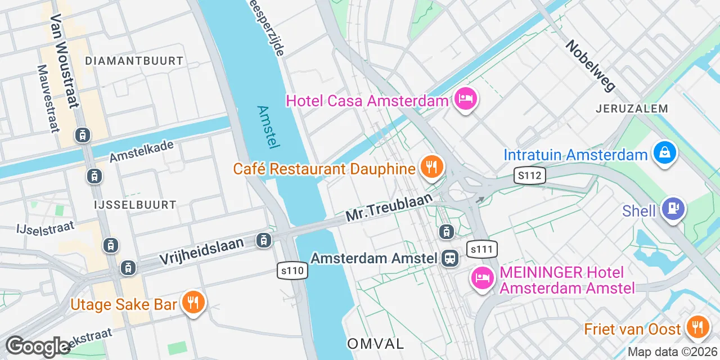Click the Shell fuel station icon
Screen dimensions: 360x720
coord(673,208)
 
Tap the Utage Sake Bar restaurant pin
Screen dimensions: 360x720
coord(193,303)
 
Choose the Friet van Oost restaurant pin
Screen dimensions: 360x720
coord(697,327)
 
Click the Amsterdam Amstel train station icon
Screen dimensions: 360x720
coord(450,258)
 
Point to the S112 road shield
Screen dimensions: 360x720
coord(530,176)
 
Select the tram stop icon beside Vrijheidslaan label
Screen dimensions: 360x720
coord(263,241)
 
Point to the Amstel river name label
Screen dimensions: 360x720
coord(268,127)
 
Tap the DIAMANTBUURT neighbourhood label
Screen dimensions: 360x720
coord(134,61)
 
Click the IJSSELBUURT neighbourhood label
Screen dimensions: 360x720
coord(136,205)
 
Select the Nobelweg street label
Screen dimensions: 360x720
coord(591,65)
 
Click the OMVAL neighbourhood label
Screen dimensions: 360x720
coord(375,343)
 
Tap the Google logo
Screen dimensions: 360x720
coord(38,346)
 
